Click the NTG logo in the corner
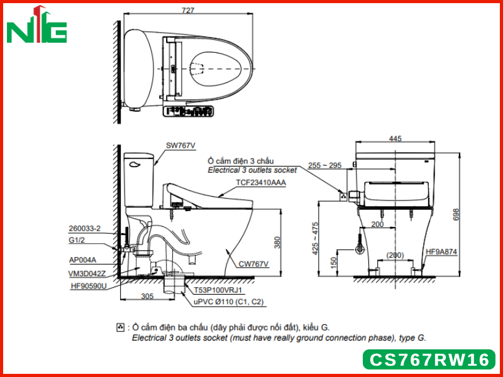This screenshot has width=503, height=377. (x=36, y=25)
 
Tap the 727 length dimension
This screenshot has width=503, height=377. (x=188, y=10)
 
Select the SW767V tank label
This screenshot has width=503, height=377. (x=180, y=146)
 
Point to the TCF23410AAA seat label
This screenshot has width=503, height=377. (x=261, y=182)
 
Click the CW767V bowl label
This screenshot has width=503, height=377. (x=253, y=264)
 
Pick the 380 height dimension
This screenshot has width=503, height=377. (x=277, y=243)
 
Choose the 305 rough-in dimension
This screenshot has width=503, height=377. (x=147, y=296)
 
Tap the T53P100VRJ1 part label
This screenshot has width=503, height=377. (x=218, y=290)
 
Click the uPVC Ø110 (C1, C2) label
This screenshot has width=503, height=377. (x=228, y=302)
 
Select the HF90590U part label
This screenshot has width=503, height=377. (x=88, y=286)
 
